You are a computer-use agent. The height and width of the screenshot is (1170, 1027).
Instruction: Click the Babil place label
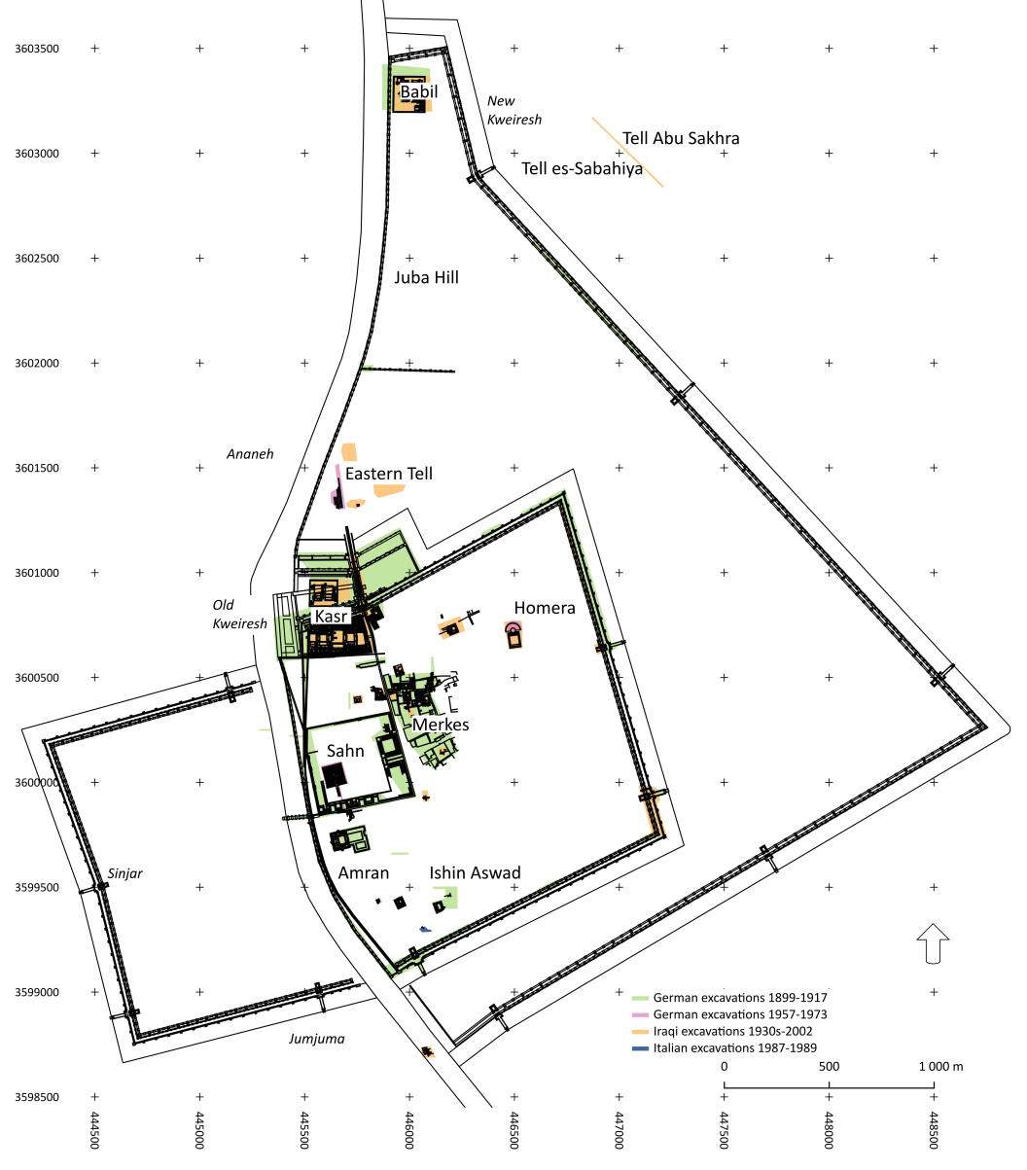[x=419, y=91]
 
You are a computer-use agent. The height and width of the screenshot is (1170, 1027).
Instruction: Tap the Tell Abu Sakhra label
[x=681, y=138]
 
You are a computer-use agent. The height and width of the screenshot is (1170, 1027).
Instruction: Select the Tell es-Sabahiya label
[x=582, y=168]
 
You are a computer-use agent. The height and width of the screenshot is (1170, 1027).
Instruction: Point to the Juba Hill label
[x=426, y=277]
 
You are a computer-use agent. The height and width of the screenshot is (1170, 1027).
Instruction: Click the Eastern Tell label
[x=388, y=474]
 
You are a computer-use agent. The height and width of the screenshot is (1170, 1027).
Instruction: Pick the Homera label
[x=545, y=608]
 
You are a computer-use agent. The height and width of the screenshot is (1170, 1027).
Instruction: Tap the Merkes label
[x=441, y=725]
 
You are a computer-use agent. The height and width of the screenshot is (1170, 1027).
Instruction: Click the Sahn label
[x=345, y=750]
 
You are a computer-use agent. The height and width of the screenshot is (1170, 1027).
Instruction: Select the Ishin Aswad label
[x=475, y=872]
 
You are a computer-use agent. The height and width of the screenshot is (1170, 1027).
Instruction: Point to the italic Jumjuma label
[x=316, y=1039]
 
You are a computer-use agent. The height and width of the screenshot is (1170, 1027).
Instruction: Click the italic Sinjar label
[x=125, y=873]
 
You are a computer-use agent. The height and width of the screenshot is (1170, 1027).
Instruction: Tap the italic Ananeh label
[x=250, y=453]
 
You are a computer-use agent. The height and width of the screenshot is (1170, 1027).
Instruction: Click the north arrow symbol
[x=933, y=943]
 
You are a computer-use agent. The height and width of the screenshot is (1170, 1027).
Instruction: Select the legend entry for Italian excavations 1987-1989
[x=734, y=1048]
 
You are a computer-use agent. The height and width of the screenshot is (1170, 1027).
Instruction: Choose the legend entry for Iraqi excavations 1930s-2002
[x=732, y=1032]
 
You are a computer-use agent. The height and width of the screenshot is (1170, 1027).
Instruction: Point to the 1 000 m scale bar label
[x=940, y=1067]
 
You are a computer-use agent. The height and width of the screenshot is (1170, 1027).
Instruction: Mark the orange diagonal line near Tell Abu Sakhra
[x=628, y=152]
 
